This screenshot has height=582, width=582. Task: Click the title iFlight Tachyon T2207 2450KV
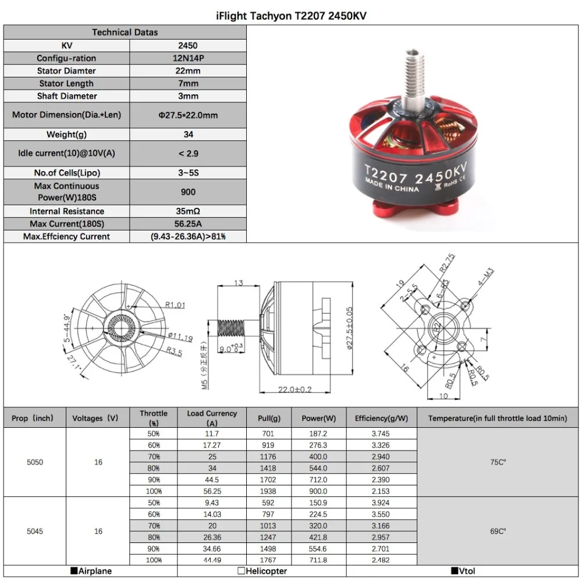291,16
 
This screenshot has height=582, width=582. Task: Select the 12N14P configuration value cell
188,58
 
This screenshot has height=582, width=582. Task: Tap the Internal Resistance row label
67,211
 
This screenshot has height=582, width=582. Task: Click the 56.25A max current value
188,224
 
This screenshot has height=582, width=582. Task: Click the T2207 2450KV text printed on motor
415,173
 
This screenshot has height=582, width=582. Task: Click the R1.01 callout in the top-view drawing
175,305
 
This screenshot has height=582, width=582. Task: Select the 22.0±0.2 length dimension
294,389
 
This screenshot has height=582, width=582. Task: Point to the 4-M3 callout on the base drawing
486,277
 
